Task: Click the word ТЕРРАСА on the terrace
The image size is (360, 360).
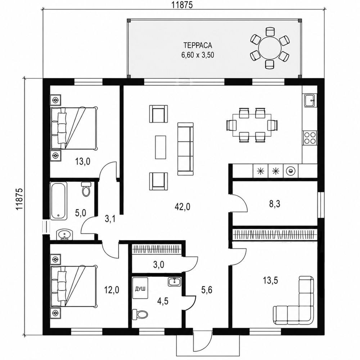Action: coord(198,45)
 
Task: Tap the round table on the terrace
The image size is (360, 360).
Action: coord(270,48)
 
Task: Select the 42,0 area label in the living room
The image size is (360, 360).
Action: coord(182,207)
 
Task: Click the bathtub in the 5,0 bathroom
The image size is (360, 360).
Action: coord(59,201)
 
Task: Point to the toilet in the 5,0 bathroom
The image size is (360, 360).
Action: coord(86,189)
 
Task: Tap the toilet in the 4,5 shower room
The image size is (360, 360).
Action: coord(140,314)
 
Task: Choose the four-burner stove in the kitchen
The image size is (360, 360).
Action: coord(310,138)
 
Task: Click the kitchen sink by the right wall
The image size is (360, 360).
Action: coord(311,100)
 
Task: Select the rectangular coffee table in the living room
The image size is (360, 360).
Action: coord(161,147)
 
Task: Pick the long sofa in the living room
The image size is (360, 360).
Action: coord(185,149)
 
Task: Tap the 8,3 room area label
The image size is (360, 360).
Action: coord(275,204)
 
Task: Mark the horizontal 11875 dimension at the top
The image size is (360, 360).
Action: coord(182,5)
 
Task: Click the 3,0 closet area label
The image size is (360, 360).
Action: coord(159,265)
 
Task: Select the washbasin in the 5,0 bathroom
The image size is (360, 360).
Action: coord(64,235)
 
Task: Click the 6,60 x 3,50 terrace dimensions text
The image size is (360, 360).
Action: coord(198,55)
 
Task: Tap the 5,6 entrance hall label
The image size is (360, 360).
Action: coord(207,290)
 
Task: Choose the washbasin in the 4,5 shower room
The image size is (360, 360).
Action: coord(175,282)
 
